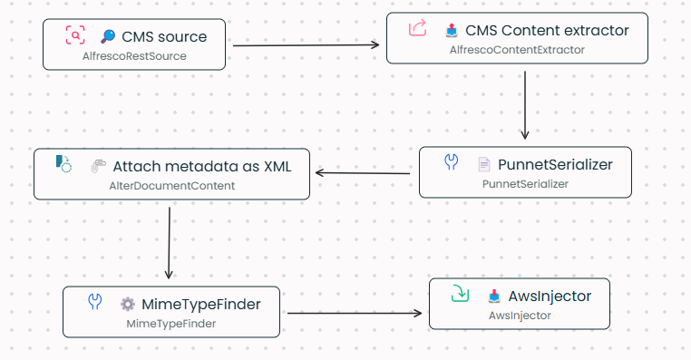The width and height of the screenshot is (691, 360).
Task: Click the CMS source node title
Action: point(164,37)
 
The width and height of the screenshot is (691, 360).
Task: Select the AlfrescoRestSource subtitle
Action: point(134,56)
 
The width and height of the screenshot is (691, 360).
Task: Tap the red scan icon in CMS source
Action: point(74,36)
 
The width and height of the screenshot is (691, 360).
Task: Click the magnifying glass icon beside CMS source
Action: point(107,37)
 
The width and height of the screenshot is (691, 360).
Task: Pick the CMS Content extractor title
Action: point(547,30)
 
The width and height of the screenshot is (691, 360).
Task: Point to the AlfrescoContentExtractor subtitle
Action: point(517,49)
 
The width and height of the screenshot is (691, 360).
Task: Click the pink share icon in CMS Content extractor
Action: point(417,29)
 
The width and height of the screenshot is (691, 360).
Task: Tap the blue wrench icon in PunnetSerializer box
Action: point(451,163)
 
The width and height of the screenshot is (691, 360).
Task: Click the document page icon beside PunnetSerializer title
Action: point(484,165)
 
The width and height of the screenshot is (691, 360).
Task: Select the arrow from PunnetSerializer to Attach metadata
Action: point(363,171)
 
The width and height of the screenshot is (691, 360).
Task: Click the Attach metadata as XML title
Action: point(202,167)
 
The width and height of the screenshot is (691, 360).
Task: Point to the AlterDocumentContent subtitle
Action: point(171,186)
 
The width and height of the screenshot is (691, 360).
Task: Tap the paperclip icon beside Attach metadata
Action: point(98,167)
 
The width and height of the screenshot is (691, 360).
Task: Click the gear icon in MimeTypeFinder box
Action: point(128,305)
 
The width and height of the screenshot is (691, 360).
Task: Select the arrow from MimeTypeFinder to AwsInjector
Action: point(354,314)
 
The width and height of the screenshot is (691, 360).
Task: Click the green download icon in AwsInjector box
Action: point(460,295)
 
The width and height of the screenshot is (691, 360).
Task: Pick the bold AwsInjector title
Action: point(550,296)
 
